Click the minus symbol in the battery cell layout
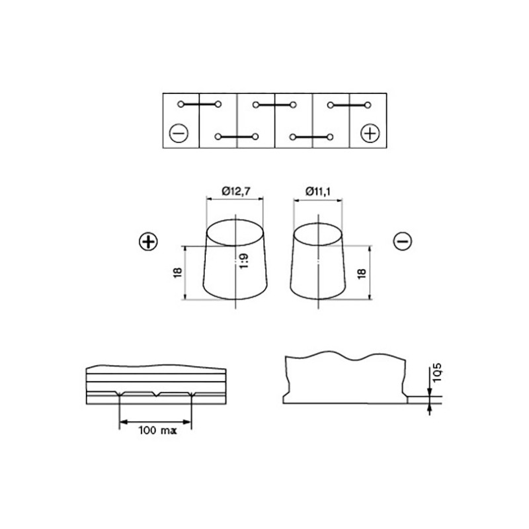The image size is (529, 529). point(179,134)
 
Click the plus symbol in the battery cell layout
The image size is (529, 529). point(370,134)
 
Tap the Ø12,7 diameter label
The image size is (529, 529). point(236,191)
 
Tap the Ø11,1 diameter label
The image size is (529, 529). point(318,191)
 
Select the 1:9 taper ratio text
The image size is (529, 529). point(244,261)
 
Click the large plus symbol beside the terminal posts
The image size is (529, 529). point(148,241)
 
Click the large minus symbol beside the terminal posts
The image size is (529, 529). point(403,241)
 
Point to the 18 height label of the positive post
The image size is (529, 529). point(178,272)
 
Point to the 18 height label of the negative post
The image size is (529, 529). point(361,273)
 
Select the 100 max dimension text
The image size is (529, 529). point(157,430)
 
